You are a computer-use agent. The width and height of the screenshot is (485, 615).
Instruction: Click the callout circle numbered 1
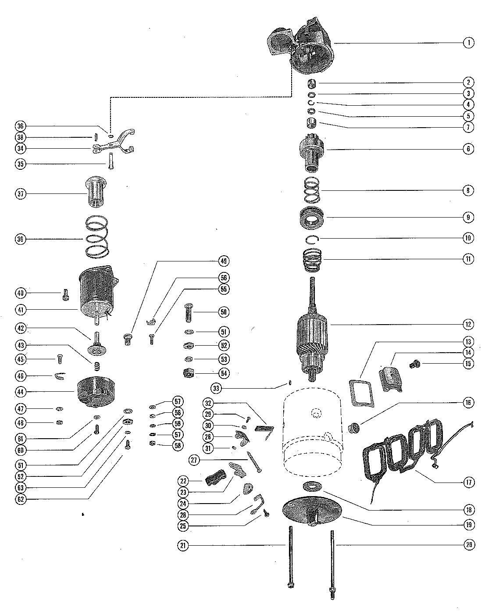coord(468,43)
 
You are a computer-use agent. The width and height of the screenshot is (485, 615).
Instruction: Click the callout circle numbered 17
coord(468,483)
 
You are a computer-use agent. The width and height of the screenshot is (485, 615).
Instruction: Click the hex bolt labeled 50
coord(189,313)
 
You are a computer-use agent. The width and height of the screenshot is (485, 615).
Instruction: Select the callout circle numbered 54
coord(225,373)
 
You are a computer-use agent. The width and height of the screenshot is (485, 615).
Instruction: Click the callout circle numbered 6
coord(468,149)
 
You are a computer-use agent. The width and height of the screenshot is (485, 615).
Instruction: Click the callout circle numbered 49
coord(224,261)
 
